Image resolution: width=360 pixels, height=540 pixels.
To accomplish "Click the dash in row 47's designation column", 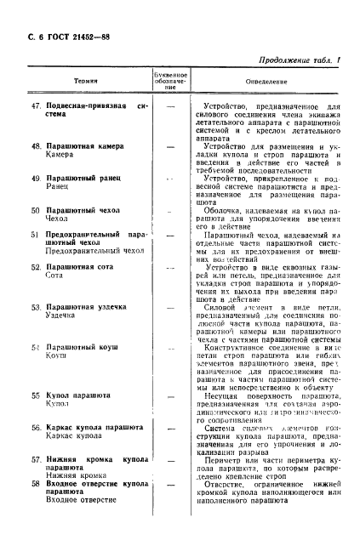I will (x=169, y=106).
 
